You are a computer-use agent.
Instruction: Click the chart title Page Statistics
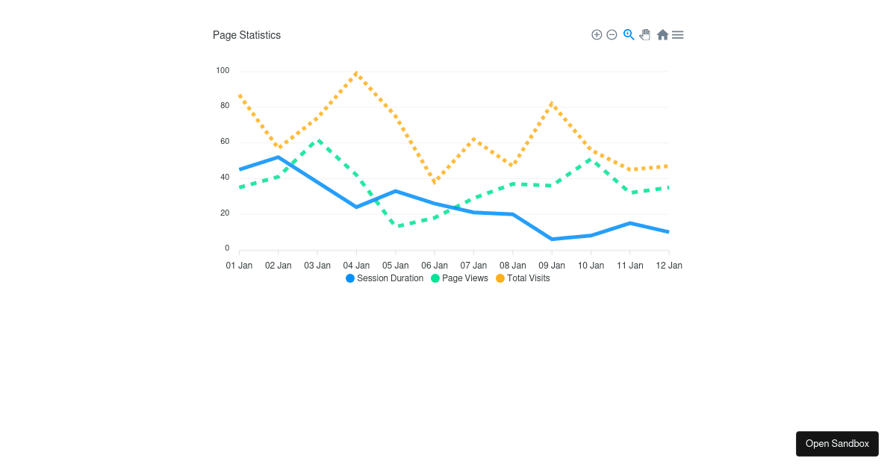[246, 35]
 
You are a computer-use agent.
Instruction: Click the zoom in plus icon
[597, 35]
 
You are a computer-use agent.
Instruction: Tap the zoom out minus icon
[612, 35]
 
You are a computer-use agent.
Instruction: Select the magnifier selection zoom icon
[629, 34]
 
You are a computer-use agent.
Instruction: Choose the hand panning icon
[645, 35]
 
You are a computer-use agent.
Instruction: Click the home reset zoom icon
[662, 35]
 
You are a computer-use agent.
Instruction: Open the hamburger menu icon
[677, 35]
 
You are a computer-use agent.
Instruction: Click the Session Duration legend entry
[385, 278]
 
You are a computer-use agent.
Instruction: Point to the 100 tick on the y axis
[223, 71]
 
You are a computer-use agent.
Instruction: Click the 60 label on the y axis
[225, 142]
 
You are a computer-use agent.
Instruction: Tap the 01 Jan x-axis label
[239, 266]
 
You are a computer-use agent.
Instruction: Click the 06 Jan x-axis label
[435, 266]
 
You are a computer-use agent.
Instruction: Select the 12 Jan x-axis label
[668, 266]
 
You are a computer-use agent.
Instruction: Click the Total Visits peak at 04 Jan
[356, 72]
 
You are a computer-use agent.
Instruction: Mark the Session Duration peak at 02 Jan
[278, 157]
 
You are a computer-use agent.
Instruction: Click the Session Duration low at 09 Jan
[552, 239]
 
